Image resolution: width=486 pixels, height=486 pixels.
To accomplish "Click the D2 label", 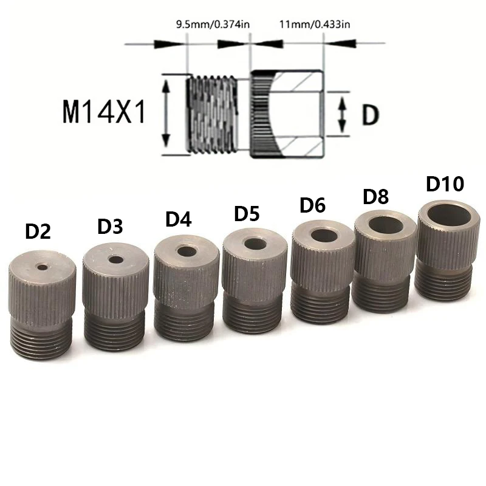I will click(x=38, y=232).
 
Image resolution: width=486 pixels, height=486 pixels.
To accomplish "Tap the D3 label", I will click(x=110, y=226).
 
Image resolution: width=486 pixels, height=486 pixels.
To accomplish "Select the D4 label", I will click(x=179, y=219).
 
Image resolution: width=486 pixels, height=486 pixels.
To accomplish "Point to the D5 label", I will click(x=247, y=214).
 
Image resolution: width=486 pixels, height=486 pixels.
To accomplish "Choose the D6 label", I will click(x=313, y=205).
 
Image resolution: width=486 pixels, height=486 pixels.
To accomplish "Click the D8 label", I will click(x=375, y=197).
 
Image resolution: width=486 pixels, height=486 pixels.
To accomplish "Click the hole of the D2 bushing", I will click(x=43, y=266).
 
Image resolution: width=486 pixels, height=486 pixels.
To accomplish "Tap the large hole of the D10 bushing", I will click(x=448, y=214).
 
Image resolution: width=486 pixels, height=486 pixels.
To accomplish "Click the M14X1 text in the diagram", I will click(x=103, y=113).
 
